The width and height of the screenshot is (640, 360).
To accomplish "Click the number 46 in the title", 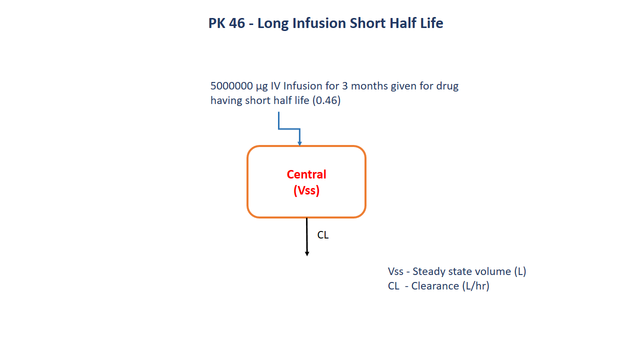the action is [237, 23].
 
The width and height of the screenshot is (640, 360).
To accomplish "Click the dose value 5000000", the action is [231, 85].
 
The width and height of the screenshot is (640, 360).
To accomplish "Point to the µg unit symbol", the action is [262, 86].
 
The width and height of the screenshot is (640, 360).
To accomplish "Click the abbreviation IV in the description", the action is [275, 85].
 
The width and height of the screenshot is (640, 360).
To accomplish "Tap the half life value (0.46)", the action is [326, 100].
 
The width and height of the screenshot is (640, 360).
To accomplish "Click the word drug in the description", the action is [447, 86].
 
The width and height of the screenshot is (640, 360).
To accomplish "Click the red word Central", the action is [306, 174].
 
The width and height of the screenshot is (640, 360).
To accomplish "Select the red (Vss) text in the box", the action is [306, 190].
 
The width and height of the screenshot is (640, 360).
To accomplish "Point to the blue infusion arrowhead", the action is [299, 143].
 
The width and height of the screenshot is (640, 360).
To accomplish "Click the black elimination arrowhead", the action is [307, 253].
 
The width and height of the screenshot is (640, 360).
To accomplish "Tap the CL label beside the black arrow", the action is [323, 235].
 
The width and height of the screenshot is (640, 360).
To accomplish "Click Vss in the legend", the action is [395, 271].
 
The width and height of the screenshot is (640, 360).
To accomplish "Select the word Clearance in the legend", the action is [435, 286].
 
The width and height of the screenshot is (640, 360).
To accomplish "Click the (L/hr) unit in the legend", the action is [475, 286].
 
